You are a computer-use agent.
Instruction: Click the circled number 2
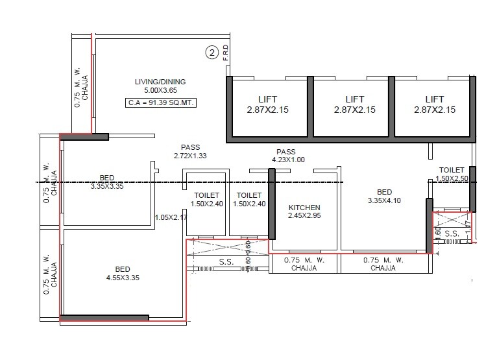(x=212, y=53)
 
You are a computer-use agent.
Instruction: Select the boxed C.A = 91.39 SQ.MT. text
(x=161, y=103)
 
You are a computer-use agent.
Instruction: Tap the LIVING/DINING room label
(x=160, y=82)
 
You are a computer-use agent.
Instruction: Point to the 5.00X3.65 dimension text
(x=160, y=91)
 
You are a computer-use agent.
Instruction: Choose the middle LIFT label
(x=354, y=99)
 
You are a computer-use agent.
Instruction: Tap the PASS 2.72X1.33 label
(x=189, y=151)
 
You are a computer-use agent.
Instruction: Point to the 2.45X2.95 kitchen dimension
(x=304, y=215)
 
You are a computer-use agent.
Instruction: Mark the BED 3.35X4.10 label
(x=384, y=197)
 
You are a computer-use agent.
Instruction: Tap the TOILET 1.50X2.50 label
(x=451, y=174)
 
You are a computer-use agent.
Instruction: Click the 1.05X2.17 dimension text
(x=171, y=217)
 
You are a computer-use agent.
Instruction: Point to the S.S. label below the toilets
(x=226, y=263)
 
